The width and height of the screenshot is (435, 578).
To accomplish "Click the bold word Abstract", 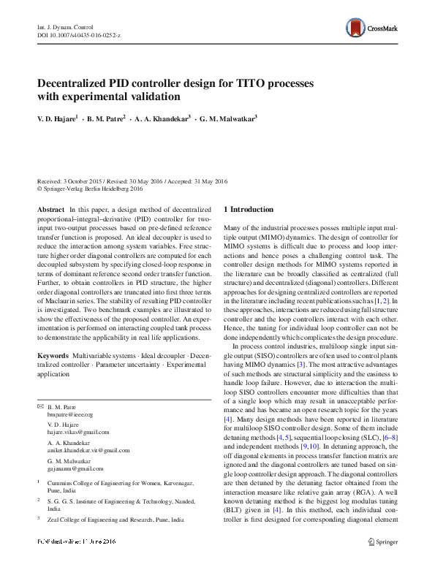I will pyautogui.click(x=50, y=210).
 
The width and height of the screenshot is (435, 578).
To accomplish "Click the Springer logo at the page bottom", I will pyautogui.click(x=382, y=562).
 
